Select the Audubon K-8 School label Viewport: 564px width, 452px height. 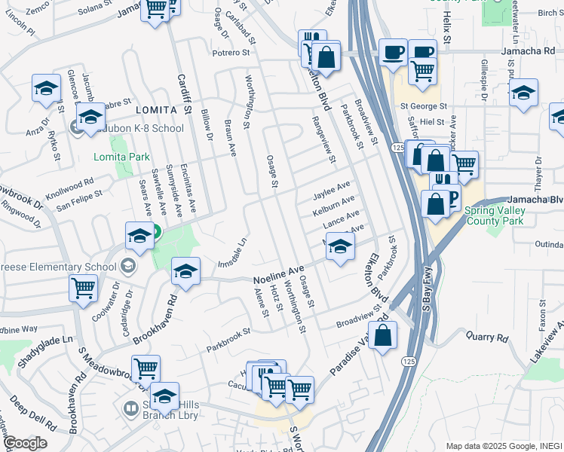click(136, 128)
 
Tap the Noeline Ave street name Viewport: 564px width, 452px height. click(277, 269)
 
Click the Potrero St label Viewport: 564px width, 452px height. click(231, 53)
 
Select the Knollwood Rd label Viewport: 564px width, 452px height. click(69, 188)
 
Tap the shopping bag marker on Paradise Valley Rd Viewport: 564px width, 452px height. click(383, 336)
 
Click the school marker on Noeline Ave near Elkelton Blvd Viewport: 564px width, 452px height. click(340, 247)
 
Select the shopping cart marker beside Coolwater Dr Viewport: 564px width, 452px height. click(83, 288)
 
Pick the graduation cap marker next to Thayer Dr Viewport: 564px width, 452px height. click(523, 93)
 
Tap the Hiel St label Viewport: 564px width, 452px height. click(432, 121)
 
